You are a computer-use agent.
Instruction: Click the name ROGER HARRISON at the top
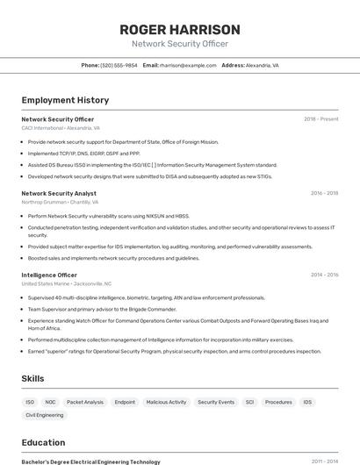[180, 30]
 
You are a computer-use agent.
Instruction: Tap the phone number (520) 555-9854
[119, 65]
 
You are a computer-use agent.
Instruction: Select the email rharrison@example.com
[187, 65]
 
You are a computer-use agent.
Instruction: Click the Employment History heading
[65, 100]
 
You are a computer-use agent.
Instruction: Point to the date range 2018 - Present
[320, 119]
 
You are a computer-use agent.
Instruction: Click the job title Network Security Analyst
[59, 193]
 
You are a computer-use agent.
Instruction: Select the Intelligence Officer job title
[49, 275]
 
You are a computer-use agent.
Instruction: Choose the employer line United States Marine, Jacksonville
[67, 284]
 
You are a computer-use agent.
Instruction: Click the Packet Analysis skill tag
[85, 402]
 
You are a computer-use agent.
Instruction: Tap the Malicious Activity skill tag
[166, 402]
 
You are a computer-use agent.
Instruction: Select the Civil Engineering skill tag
[45, 415]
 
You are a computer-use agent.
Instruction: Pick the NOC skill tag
[51, 402]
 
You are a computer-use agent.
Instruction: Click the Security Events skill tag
[216, 402]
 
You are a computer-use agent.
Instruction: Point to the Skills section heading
[34, 378]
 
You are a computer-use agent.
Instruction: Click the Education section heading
[43, 442]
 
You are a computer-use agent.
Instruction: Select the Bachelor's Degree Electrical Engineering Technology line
[90, 461]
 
